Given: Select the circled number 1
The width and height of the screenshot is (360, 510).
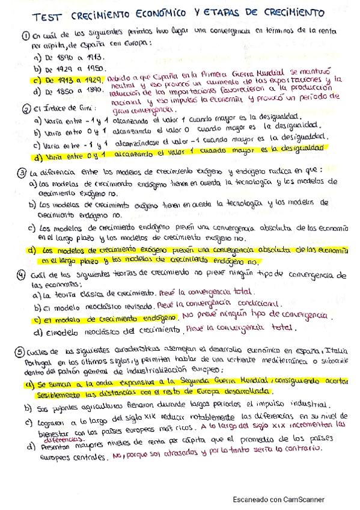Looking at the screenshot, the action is click(x=23, y=35).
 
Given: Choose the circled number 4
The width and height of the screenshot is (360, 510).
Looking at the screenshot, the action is click(x=23, y=275).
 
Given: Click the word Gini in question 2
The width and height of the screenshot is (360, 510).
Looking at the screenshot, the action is click(x=86, y=109).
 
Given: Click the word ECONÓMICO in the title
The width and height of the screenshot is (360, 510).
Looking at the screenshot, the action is click(x=150, y=13).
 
